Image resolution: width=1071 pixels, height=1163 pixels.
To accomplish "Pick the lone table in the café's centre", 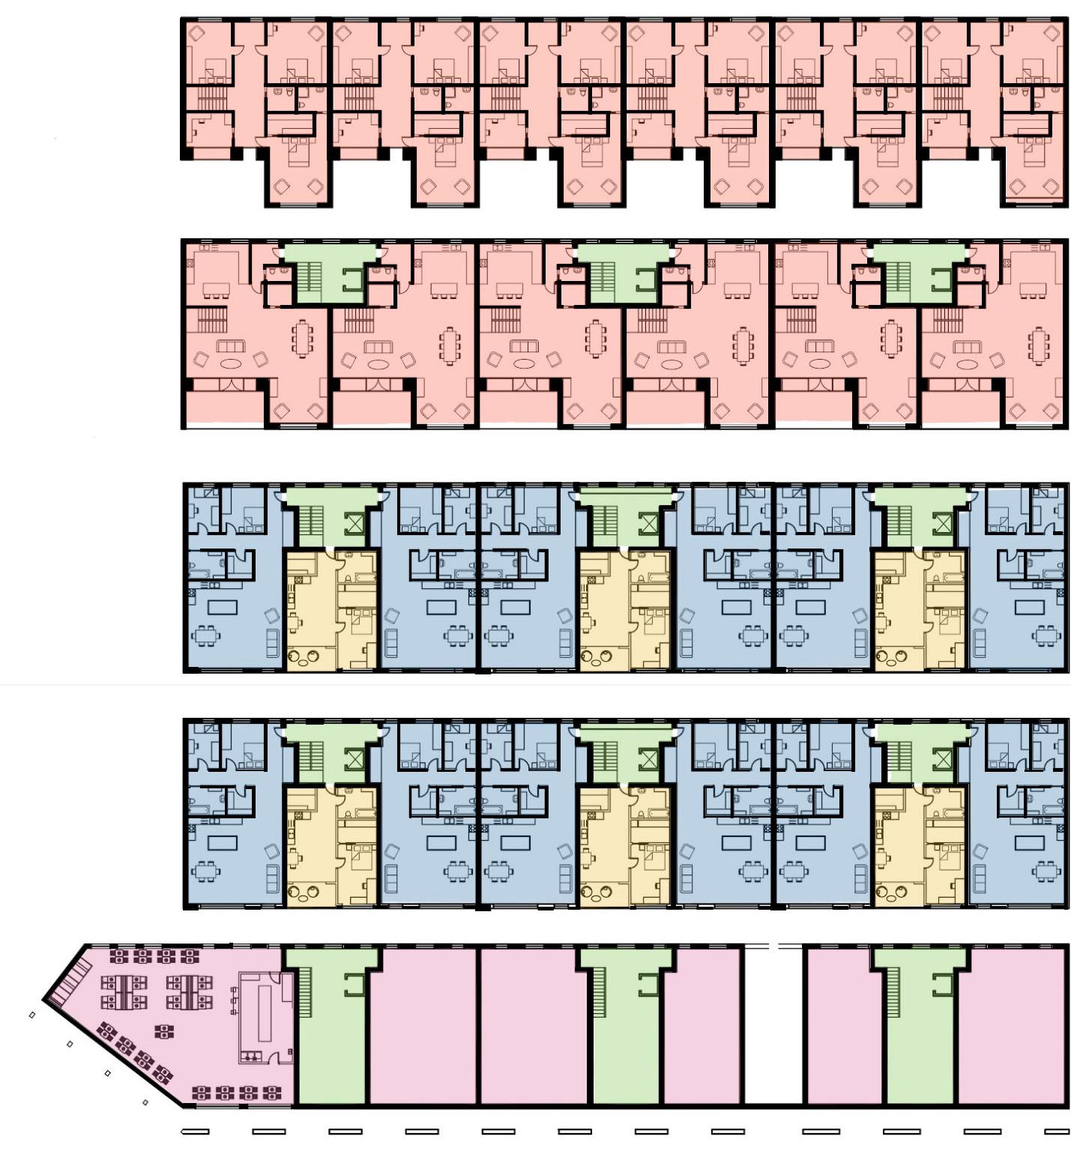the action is [161, 1032].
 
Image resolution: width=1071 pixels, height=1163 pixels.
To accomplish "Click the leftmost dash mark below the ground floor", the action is [196, 1132].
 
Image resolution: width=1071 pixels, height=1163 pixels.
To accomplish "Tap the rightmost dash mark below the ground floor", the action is [1057, 1132].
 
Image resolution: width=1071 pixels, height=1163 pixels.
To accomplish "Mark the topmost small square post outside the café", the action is [31, 1015].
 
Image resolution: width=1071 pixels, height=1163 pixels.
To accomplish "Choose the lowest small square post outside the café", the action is [145, 1102].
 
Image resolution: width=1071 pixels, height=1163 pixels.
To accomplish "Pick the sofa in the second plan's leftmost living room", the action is [231, 346].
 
